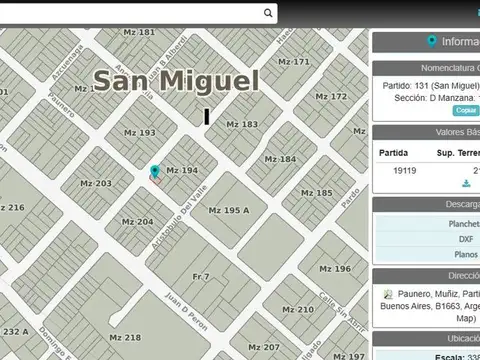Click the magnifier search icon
(268, 13)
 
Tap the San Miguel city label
(176, 82)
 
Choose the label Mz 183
(241, 125)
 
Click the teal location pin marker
(155, 173)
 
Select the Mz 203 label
(96, 184)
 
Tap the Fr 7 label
(201, 276)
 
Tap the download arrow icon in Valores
(466, 184)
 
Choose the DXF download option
(466, 240)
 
